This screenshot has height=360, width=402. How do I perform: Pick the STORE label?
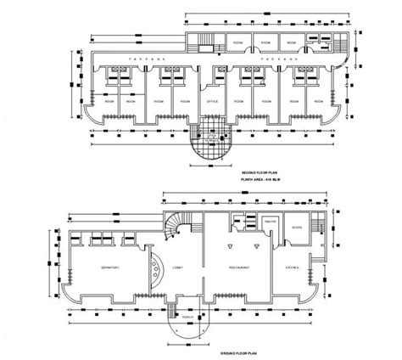point(298,228)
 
